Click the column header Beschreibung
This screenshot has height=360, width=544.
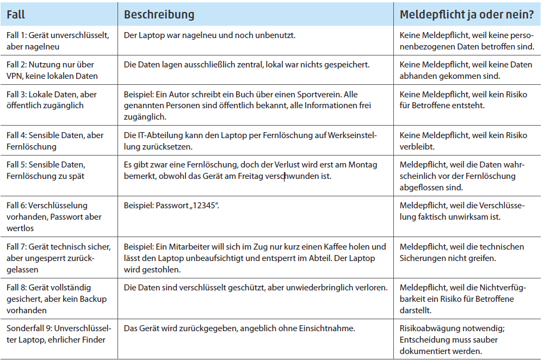pyautogui.click(x=159, y=14)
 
